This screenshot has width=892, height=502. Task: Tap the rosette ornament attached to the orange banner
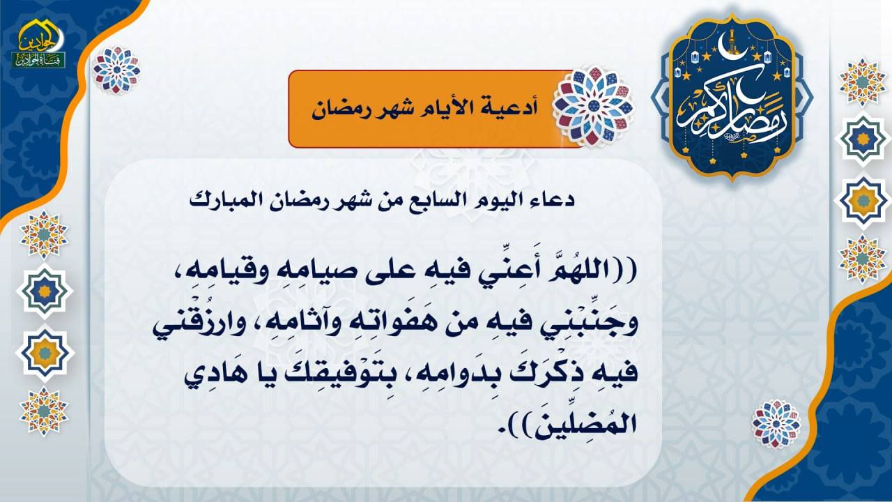point(593,106)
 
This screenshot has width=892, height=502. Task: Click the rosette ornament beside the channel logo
point(116,70)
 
